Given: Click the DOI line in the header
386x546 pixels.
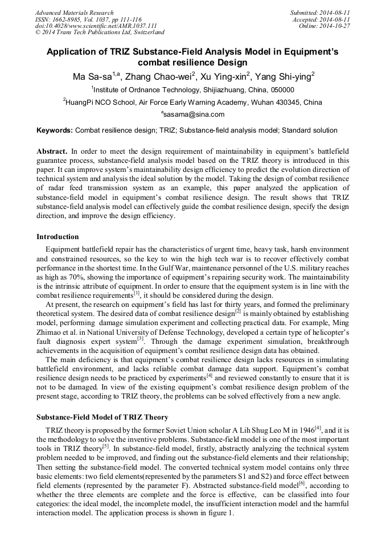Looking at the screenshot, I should click(x=96, y=26).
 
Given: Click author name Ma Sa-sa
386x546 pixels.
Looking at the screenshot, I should click(x=94, y=76).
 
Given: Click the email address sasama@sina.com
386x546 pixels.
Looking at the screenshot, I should click(x=195, y=114).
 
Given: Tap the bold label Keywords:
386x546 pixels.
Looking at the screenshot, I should click(x=55, y=130).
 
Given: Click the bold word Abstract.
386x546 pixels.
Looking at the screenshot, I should click(x=52, y=152).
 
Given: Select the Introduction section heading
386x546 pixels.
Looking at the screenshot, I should click(x=58, y=237).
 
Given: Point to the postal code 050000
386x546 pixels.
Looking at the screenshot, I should click(x=280, y=90).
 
